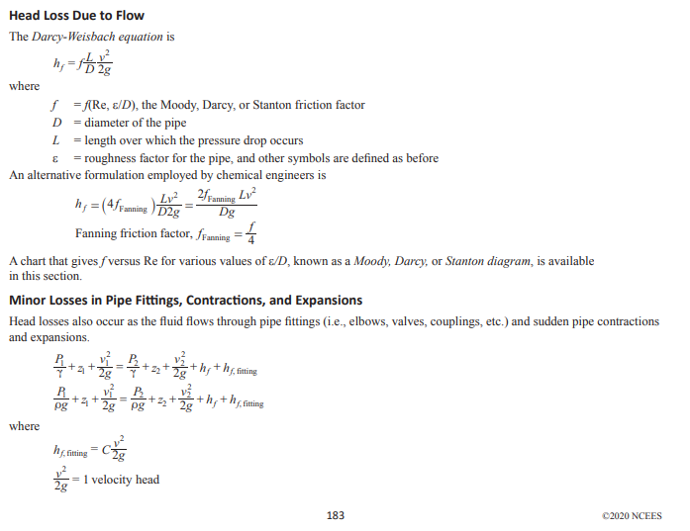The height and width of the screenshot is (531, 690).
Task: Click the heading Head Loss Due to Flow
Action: coord(76,16)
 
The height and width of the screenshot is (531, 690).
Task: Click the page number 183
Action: coord(336,515)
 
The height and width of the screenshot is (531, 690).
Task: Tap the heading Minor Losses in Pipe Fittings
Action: coord(185,300)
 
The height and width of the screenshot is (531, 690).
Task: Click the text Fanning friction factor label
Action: coord(124,233)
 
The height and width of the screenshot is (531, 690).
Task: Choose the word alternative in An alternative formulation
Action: coord(59,175)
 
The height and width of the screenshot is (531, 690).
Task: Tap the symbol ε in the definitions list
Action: coord(55,158)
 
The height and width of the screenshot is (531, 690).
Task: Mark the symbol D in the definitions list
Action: coord(56,123)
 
